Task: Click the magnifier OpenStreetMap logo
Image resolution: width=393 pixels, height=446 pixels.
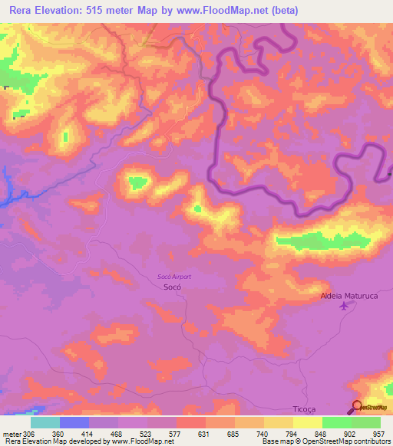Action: [x=358, y=407]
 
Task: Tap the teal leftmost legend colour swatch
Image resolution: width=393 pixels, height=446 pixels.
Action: [x=45, y=422]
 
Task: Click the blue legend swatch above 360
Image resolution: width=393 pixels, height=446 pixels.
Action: [x=74, y=422]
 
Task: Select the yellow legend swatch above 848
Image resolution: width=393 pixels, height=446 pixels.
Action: [x=307, y=422]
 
